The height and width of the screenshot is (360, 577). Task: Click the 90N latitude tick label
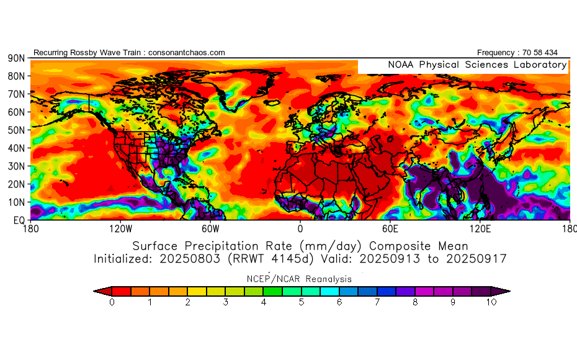tap(16, 58)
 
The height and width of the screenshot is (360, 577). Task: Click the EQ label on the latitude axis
tap(19, 220)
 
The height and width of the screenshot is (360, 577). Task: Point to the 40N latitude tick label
tap(16, 148)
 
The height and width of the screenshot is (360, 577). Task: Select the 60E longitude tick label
tap(390, 228)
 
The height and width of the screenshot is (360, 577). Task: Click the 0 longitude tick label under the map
tap(300, 228)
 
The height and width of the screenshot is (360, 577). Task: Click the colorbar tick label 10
tap(492, 303)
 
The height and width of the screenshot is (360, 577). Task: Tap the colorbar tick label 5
tap(302, 303)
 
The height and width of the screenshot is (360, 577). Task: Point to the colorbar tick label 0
tap(112, 303)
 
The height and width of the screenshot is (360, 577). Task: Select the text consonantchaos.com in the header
tap(187, 53)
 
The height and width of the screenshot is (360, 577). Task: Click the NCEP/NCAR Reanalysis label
tap(301, 279)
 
